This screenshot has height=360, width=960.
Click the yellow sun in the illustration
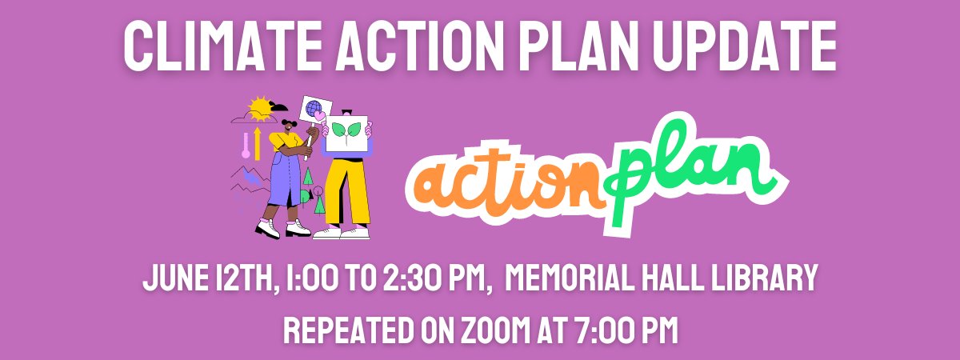click(261, 108)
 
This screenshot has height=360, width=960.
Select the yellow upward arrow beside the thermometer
click(257, 141)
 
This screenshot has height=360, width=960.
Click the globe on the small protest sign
click(314, 106)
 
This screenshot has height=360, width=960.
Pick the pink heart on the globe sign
click(319, 116)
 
